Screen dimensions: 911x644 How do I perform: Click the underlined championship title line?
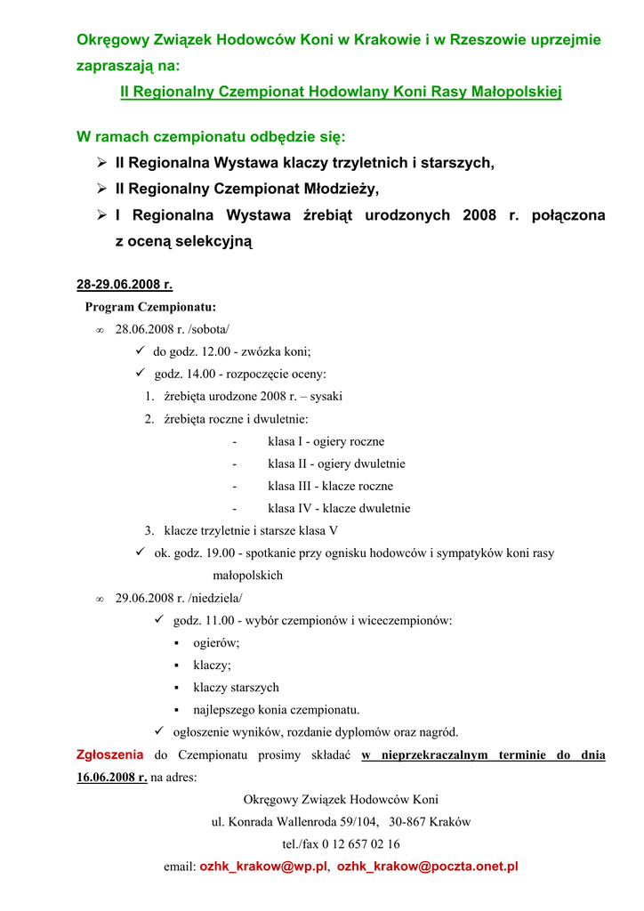[341, 92]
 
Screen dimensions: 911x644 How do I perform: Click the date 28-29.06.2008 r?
[125, 285]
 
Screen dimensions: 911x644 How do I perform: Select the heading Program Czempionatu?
[150, 307]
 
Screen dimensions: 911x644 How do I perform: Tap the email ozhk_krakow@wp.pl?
[263, 866]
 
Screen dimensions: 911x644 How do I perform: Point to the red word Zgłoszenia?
[109, 754]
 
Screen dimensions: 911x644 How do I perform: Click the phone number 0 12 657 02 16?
[351, 843]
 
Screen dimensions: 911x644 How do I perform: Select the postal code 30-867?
[408, 821]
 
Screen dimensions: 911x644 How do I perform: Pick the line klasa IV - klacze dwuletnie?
[339, 508]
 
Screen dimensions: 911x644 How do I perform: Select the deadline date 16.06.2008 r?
[112, 777]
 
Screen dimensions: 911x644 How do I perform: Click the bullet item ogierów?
[216, 642]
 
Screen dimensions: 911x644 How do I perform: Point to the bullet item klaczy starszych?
[236, 687]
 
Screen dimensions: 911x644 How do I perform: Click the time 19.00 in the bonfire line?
[213, 553]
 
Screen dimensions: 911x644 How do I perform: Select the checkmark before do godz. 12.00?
[140, 351]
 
